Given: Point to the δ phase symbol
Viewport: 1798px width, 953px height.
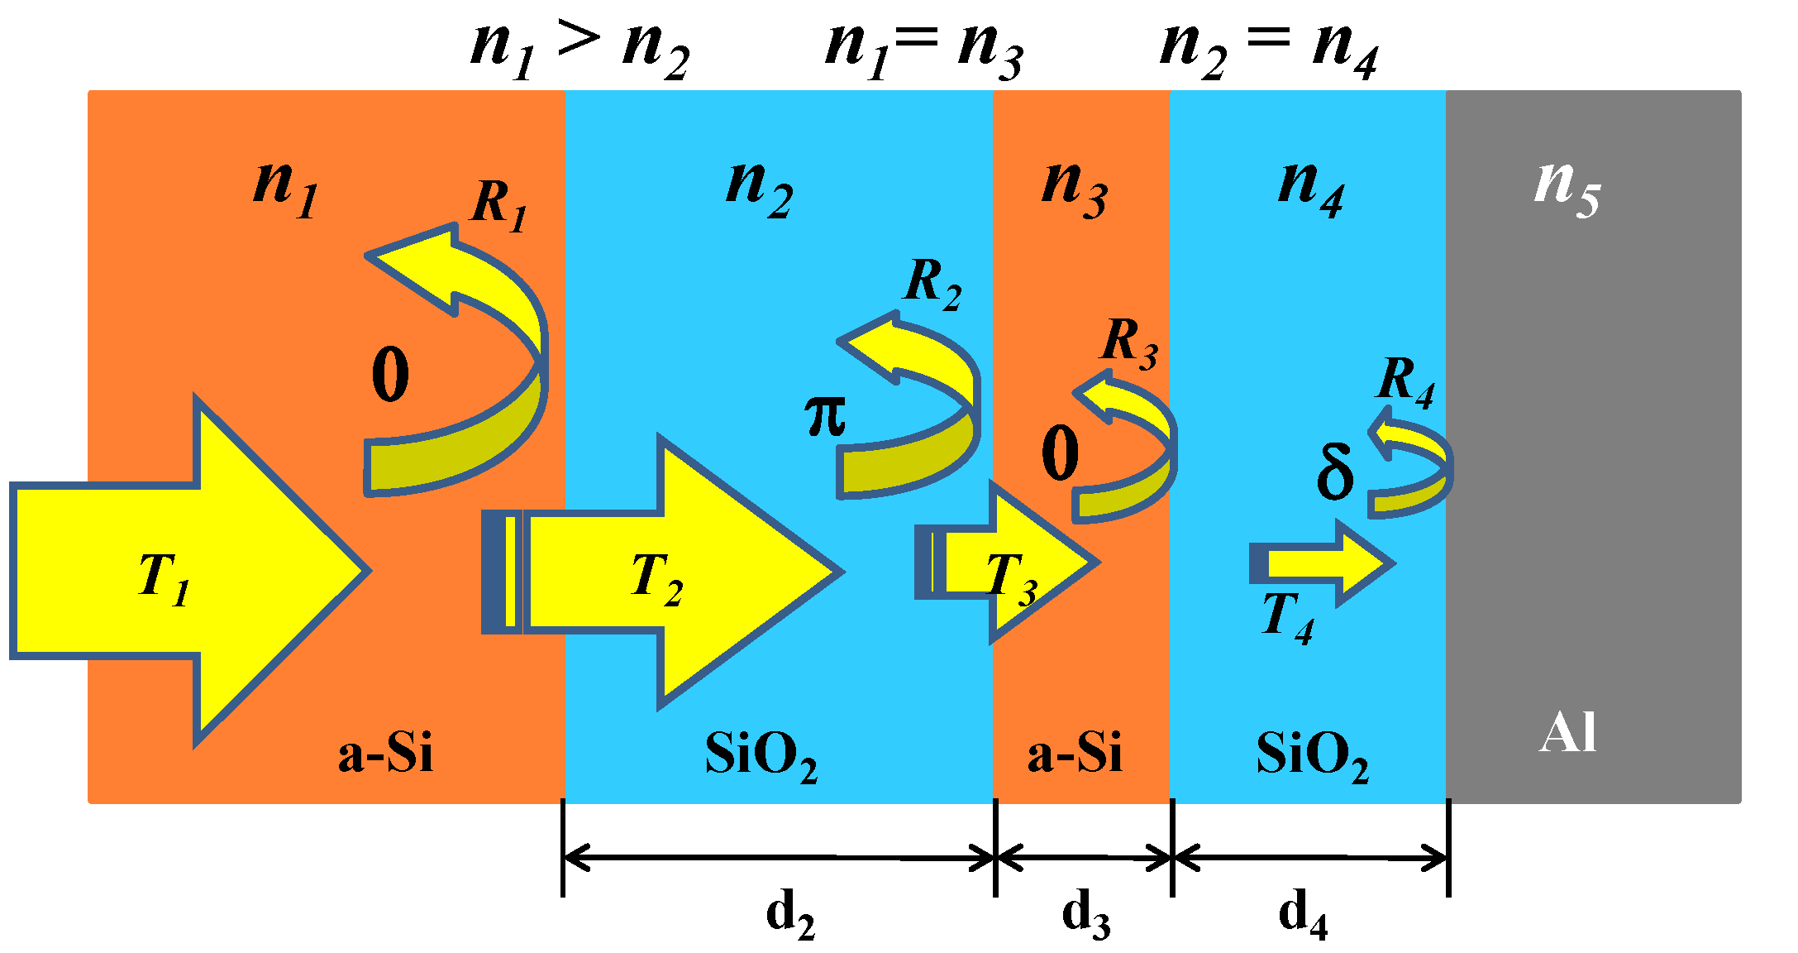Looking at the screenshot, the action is (x=1334, y=472).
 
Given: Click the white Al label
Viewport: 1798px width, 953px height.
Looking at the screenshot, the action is (x=1567, y=733).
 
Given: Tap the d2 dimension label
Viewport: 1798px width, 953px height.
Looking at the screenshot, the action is (x=790, y=915).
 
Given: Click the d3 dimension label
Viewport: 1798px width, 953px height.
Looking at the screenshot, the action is (x=1085, y=915).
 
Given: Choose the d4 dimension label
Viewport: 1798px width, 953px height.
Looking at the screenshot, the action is (x=1303, y=915).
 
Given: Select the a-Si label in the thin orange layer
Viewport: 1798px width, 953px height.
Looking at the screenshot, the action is (x=1075, y=753).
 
